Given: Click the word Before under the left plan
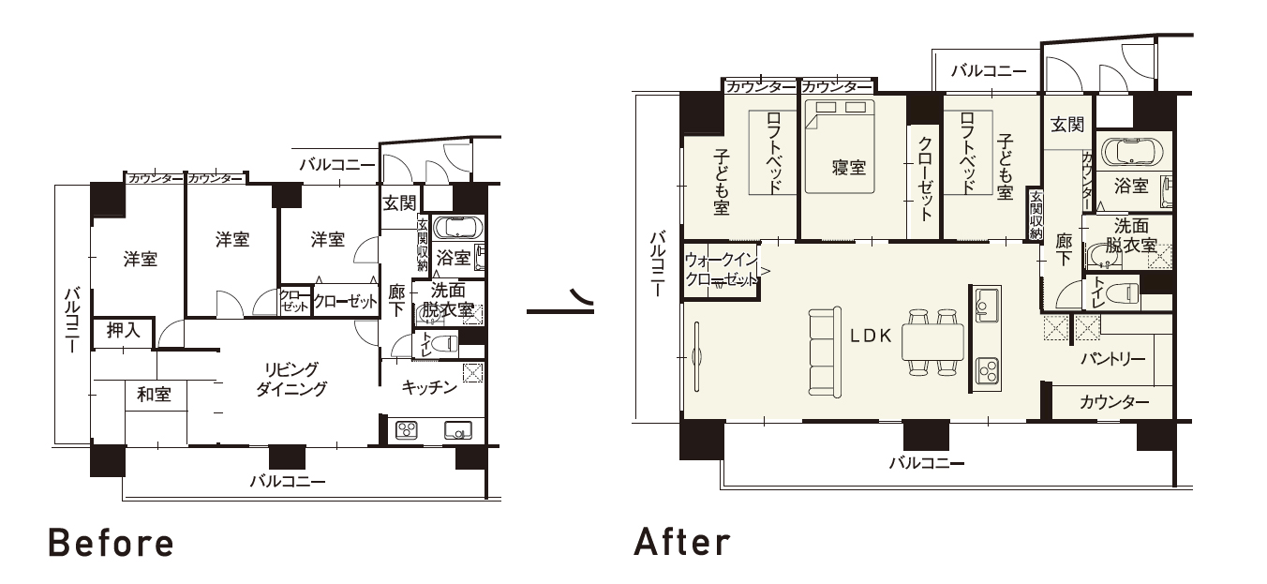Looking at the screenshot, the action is point(111,543).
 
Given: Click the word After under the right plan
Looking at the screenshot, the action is point(682,542).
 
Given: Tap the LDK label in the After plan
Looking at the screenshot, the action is point(872,337).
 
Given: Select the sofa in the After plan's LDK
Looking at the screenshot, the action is point(825,351).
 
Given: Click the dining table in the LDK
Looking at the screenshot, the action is point(932,342).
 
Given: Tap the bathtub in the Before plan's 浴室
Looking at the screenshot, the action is point(458,228).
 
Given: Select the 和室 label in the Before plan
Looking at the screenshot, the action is point(154,394).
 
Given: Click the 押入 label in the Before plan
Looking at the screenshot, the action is point(123,330).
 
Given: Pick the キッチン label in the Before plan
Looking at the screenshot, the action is point(429,387).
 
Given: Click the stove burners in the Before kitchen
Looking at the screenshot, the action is point(407,430).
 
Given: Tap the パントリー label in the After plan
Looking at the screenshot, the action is point(1113,359).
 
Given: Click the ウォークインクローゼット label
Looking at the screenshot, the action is point(722,269).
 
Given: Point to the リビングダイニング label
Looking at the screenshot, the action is point(291,379).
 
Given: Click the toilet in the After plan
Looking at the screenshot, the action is point(1121,293).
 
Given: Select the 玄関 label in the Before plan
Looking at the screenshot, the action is point(399,203).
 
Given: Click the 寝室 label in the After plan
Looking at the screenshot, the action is point(848,168).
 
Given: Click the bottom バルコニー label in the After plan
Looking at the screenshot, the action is point(927,463).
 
